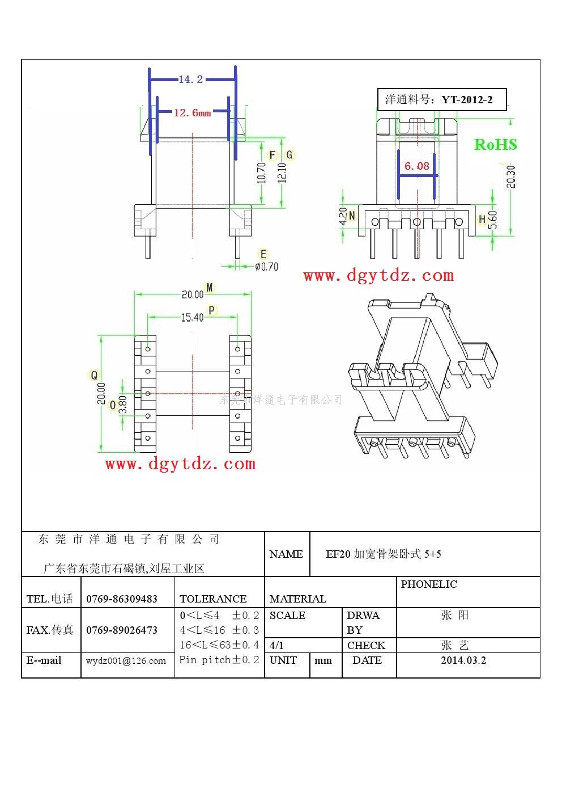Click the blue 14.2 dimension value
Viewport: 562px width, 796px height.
point(190,79)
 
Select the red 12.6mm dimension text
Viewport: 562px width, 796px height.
point(192,113)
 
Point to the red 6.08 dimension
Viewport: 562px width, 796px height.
point(417,166)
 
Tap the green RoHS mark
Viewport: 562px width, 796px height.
point(496,145)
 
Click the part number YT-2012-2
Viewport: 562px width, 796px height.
point(467,99)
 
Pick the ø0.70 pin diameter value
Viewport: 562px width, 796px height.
point(266,267)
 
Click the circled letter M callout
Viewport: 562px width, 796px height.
point(210,288)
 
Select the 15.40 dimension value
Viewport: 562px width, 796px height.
point(192,317)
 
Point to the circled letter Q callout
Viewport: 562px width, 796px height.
point(94,375)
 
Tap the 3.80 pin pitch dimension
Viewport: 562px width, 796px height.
point(123,405)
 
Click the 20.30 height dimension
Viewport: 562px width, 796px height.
point(511,177)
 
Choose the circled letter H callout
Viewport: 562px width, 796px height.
point(482,219)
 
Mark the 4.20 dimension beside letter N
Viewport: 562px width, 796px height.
point(343,216)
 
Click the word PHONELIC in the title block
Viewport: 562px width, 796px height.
point(429,584)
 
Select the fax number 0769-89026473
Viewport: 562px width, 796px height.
point(122,630)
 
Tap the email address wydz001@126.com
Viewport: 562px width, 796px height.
point(126,660)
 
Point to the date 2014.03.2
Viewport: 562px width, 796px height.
point(463,660)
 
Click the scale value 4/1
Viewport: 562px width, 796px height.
point(276,645)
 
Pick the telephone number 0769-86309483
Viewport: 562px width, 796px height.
point(122,599)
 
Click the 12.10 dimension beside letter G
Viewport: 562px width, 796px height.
point(282,172)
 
